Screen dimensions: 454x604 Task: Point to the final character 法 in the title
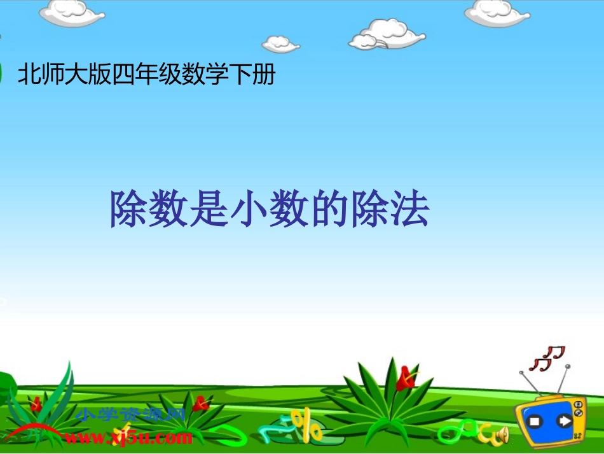click(409, 209)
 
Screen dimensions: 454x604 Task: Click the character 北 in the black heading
click(29, 75)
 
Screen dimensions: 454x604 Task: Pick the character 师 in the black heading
click(53, 75)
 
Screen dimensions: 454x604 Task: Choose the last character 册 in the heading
click(264, 75)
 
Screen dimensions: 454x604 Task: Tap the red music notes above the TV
click(548, 358)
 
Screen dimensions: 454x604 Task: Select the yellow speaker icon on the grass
click(502, 435)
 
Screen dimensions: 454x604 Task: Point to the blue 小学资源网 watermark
click(130, 416)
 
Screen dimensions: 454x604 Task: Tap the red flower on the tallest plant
click(404, 378)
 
